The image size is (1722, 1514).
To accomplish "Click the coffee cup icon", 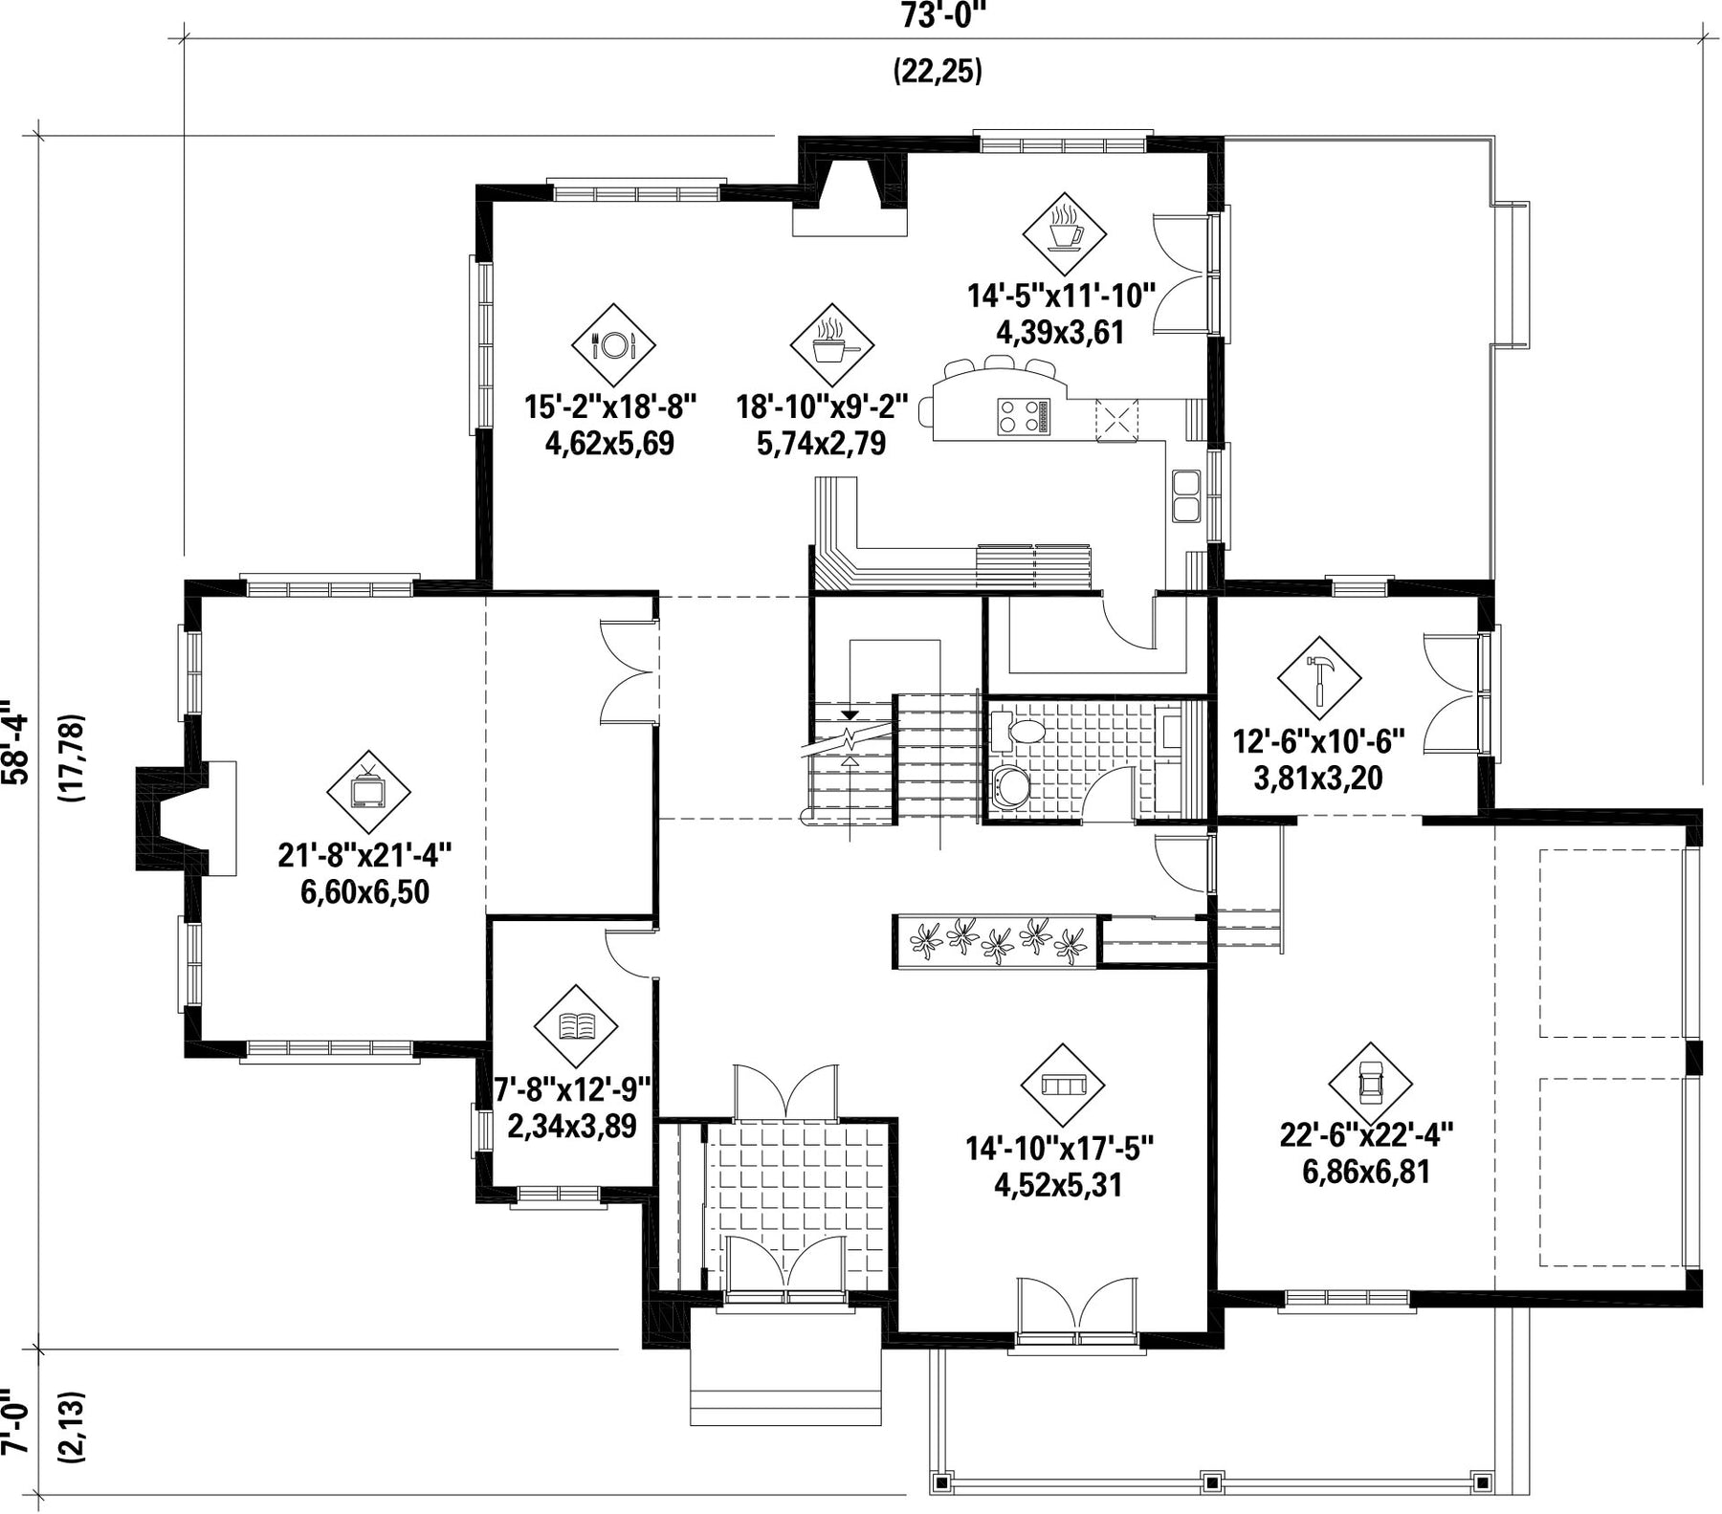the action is [x=1065, y=232].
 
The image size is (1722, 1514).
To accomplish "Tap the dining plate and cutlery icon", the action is [x=613, y=344].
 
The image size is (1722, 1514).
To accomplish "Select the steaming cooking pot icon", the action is [x=831, y=344].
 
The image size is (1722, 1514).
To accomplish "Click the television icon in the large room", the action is [x=368, y=792].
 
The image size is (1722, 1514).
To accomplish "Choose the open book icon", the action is [x=577, y=1026].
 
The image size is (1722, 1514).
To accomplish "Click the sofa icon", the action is [x=1063, y=1085].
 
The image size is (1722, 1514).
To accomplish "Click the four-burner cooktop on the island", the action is [x=1019, y=417].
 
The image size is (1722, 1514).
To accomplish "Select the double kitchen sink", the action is [x=1186, y=495].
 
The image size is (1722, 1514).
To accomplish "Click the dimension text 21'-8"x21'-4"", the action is [x=364, y=854].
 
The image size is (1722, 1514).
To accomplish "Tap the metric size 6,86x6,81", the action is [x=1366, y=1172].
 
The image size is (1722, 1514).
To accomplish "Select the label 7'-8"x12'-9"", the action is [x=572, y=1089].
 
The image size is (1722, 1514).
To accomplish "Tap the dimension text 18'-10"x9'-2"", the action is [x=821, y=407].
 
